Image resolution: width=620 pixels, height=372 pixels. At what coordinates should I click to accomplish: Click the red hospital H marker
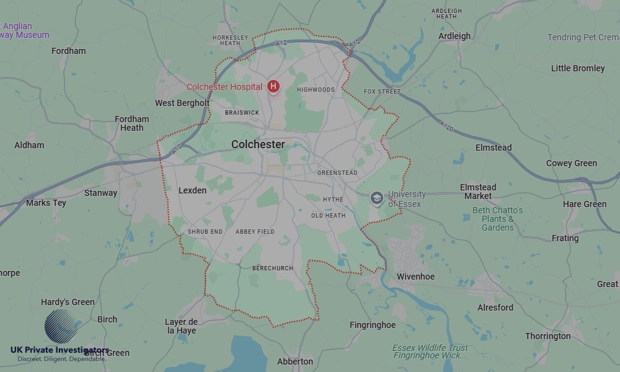pyautogui.click(x=273, y=87)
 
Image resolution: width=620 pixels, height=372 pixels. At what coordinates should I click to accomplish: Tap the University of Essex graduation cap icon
pyautogui.click(x=376, y=198)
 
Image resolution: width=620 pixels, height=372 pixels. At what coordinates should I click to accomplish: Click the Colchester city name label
pyautogui.click(x=258, y=144)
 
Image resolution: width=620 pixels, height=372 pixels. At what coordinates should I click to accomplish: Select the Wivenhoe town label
pyautogui.click(x=415, y=277)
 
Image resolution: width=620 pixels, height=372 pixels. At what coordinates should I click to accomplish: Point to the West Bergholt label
pyautogui.click(x=182, y=103)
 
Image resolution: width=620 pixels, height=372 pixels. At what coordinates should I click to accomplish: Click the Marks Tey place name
pyautogui.click(x=46, y=203)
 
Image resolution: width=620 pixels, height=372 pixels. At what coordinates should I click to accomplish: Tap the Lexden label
pyautogui.click(x=192, y=190)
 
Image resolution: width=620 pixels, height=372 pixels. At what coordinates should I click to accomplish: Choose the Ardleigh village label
pyautogui.click(x=454, y=36)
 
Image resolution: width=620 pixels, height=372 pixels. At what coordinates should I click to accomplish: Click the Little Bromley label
pyautogui.click(x=578, y=68)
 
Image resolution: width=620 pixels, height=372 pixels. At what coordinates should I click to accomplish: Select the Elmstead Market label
pyautogui.click(x=478, y=192)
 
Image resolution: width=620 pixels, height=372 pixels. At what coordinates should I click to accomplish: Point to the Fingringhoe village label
pyautogui.click(x=373, y=325)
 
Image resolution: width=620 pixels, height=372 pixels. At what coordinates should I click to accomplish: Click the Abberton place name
pyautogui.click(x=295, y=361)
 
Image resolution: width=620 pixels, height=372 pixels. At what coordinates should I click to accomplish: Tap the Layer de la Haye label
pyautogui.click(x=181, y=326)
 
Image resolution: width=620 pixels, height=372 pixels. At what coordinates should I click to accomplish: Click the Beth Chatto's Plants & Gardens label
pyautogui.click(x=497, y=219)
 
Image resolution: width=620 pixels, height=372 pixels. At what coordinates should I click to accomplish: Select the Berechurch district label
pyautogui.click(x=273, y=268)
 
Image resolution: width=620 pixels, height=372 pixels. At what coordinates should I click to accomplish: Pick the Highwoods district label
pyautogui.click(x=316, y=90)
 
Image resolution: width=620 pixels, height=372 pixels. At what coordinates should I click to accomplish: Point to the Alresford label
pyautogui.click(x=495, y=308)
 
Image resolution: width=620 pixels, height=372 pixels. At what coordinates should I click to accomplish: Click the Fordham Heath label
pyautogui.click(x=132, y=123)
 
